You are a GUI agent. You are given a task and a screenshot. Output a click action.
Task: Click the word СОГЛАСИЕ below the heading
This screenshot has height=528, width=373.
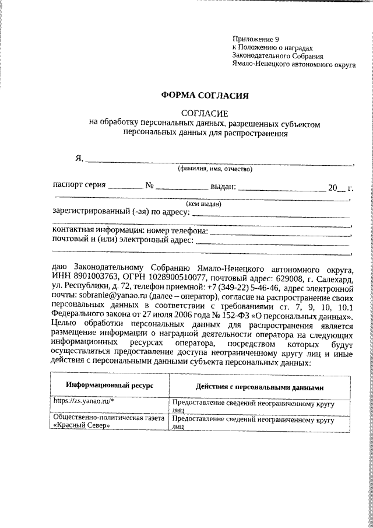205,113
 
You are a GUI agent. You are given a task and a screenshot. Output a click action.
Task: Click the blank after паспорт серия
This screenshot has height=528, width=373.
125,188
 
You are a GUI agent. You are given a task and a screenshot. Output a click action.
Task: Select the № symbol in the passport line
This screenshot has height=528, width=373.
149,187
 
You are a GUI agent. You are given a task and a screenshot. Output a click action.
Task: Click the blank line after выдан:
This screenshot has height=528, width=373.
280,188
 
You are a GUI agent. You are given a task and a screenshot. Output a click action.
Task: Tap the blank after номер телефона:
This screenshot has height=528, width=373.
280,232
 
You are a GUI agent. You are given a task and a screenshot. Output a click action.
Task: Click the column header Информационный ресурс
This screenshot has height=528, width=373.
109,386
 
